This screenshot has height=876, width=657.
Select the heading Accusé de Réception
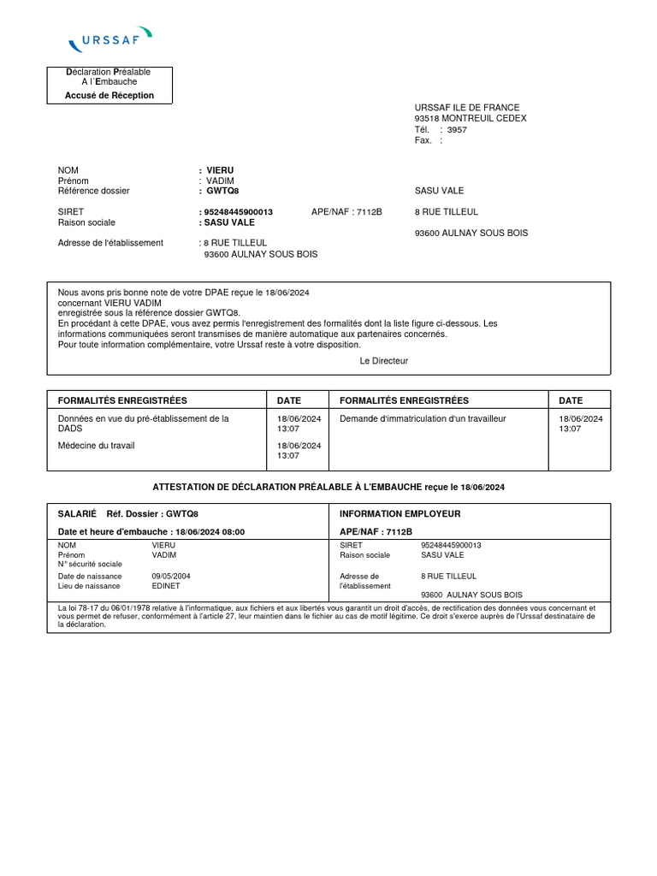109,96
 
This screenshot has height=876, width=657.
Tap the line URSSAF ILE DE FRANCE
466,108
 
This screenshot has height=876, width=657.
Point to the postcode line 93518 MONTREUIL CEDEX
470,118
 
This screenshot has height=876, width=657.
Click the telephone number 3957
457,130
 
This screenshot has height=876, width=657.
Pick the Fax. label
423,140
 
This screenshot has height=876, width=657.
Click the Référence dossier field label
93,191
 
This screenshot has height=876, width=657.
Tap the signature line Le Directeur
384,361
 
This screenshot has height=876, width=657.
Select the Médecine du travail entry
96,446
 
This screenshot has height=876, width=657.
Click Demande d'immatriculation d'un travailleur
423,418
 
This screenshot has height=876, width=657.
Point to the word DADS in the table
70,429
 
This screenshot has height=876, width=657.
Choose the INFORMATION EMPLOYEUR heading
400,514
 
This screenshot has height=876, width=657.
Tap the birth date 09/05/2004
171,577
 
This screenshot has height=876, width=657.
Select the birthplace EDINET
166,586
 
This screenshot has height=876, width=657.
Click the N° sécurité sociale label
90,564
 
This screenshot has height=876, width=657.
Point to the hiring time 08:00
234,532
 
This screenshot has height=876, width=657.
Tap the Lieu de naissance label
86,586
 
